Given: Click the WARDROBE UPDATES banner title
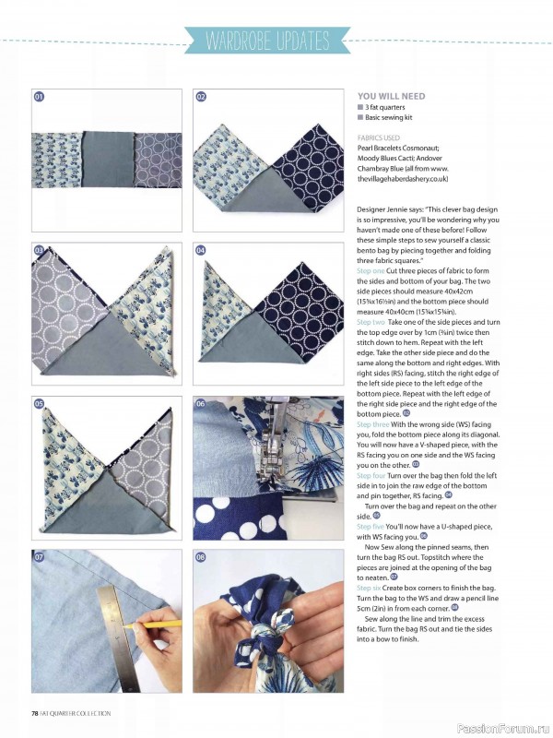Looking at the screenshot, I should tap(267, 42).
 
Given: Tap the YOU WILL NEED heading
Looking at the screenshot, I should tap(391, 96).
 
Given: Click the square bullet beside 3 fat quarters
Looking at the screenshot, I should tap(360, 107).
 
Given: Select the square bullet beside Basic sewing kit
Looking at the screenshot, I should tap(360, 118).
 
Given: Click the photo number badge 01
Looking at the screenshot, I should tap(40, 97).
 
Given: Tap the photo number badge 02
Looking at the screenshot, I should tap(201, 97).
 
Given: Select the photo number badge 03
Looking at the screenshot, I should tap(40, 250).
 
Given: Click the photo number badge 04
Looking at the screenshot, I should tap(201, 250).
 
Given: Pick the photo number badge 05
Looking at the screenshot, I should tap(40, 404).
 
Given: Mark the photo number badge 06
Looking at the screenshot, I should tap(201, 404).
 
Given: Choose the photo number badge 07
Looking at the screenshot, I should tap(40, 558).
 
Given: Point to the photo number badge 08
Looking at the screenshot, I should tap(201, 558).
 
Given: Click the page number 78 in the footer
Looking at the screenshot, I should tap(35, 713).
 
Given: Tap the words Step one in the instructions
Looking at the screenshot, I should tap(371, 270).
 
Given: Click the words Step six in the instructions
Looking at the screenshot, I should tap(369, 588).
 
